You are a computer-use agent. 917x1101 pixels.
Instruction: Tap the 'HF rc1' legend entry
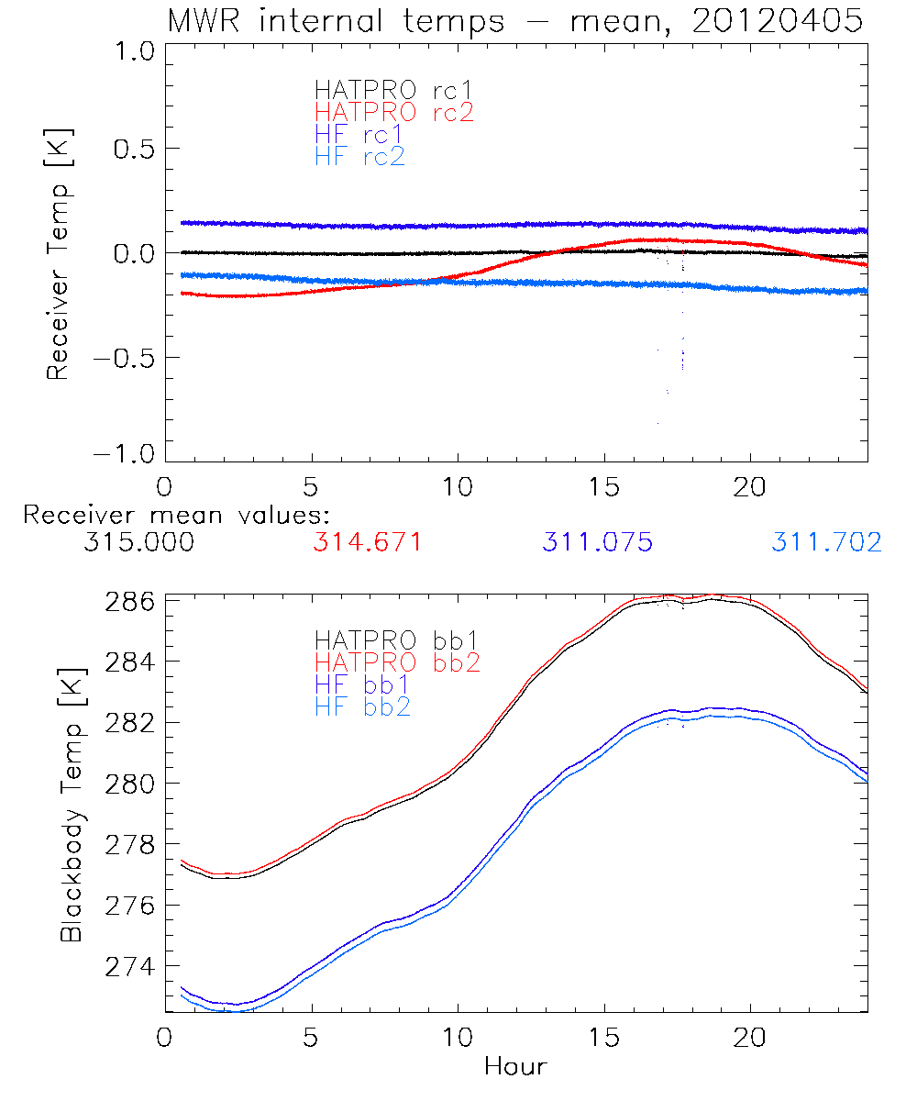[x=359, y=135]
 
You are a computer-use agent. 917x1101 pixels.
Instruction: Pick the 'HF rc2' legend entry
[x=359, y=157]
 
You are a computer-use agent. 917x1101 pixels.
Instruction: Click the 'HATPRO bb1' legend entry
[x=397, y=639]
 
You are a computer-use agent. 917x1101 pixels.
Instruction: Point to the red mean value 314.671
[x=368, y=542]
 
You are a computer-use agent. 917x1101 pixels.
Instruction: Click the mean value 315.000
[x=138, y=542]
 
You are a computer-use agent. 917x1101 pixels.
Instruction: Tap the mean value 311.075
[x=597, y=542]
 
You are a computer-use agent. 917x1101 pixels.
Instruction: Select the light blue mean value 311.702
[x=826, y=542]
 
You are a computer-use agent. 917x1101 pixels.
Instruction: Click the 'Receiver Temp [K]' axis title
[x=59, y=255]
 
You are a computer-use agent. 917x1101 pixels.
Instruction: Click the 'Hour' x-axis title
[x=515, y=1066]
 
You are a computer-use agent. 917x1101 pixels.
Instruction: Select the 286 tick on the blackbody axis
[x=129, y=602]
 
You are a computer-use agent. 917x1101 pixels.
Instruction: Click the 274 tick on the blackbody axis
[x=129, y=967]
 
